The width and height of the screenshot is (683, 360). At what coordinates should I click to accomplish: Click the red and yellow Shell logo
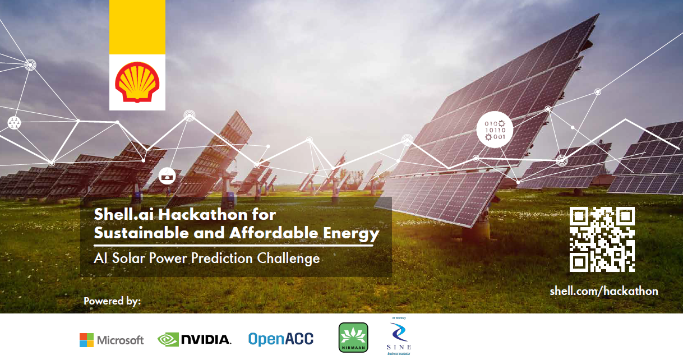tap(137, 82)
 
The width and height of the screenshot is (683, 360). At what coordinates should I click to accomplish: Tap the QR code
tap(602, 239)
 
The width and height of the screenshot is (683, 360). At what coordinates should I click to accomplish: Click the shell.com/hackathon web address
tap(603, 290)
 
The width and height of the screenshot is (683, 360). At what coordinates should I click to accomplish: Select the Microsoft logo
tap(112, 340)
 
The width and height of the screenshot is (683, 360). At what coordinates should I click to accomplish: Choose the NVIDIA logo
tap(194, 339)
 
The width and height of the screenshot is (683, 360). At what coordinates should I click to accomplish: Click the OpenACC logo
tap(281, 339)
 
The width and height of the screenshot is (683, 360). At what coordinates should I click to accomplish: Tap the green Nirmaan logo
tap(353, 338)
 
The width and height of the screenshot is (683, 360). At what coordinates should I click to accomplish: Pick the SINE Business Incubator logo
tap(399, 337)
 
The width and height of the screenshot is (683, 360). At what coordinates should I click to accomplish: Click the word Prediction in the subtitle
tap(223, 259)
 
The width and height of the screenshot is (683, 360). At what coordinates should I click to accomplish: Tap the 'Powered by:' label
tap(112, 301)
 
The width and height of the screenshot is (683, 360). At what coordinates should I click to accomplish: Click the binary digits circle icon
tap(495, 129)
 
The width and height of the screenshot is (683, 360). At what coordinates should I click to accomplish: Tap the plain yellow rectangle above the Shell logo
tap(137, 27)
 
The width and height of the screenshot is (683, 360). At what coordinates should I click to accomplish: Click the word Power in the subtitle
tap(168, 259)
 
